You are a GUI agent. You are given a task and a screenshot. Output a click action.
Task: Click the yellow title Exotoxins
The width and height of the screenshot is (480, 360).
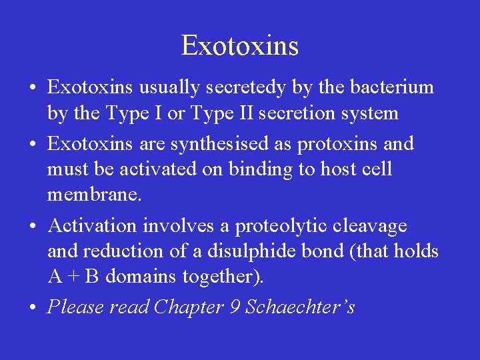(239, 45)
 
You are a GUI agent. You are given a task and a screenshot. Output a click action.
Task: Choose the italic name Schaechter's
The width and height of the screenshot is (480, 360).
(300, 307)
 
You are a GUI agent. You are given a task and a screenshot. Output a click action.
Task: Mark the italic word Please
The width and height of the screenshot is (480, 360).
(75, 307)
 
